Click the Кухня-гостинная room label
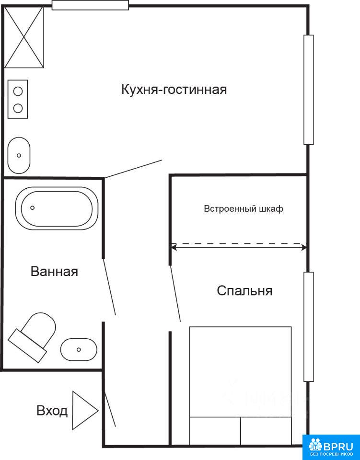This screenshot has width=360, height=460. click(174, 90)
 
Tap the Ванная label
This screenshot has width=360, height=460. click(54, 271)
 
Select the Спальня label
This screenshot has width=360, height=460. click(244, 291)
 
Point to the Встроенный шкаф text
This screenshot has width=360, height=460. click(244, 209)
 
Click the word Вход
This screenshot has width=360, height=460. click(52, 411)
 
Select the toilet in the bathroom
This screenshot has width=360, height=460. click(32, 337)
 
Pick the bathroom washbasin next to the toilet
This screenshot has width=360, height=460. click(79, 349)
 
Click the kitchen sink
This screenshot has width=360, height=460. click(19, 155)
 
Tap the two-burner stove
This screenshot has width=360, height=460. click(18, 99)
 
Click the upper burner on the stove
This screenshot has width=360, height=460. click(18, 91)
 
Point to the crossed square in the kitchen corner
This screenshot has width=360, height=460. click(24, 37)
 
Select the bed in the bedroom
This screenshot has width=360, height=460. click(240, 385)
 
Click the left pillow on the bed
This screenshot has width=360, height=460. click(215, 431)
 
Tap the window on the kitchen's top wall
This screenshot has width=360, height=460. click(91, 5)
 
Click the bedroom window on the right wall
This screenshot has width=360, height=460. click(309, 327)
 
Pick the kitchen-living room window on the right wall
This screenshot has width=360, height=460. click(308, 90)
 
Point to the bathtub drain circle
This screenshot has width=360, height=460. click(33, 207)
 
